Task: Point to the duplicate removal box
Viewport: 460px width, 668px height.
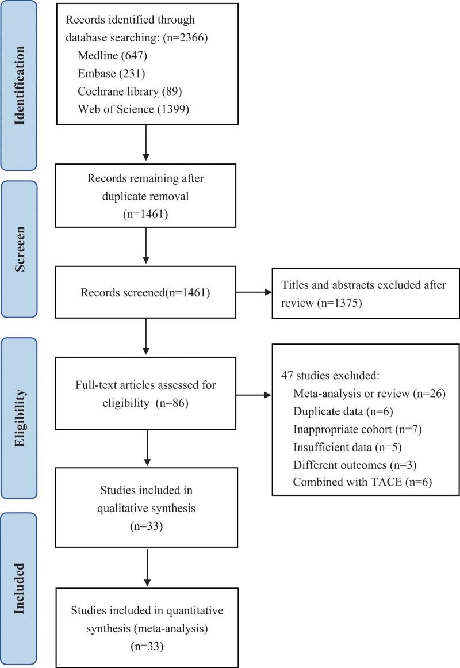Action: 145,196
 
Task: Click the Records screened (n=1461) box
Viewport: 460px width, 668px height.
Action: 145,293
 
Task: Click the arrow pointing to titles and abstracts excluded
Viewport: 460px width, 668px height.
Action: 254,293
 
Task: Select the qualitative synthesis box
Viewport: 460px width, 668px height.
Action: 145,507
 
